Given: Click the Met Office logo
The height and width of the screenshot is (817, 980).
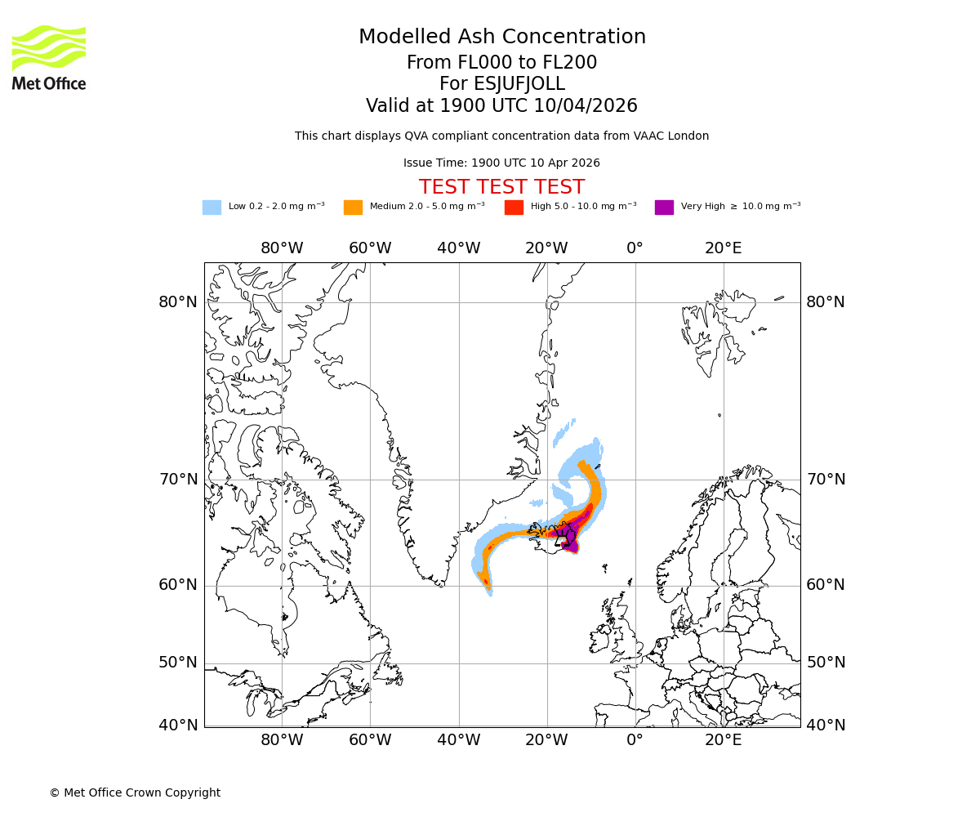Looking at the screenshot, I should click(x=49, y=57).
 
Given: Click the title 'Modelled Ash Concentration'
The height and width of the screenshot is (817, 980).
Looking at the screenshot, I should click(x=502, y=37).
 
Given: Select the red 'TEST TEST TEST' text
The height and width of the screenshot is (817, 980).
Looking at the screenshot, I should click(x=501, y=187).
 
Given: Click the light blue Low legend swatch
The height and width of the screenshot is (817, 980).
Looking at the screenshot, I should click(x=212, y=208).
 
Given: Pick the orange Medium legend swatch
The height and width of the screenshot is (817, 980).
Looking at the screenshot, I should click(x=353, y=208).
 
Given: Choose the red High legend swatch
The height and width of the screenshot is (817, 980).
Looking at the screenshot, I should click(x=514, y=208).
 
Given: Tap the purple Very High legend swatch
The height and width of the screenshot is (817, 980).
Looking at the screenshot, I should click(x=664, y=208).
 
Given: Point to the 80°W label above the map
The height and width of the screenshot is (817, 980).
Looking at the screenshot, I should click(x=282, y=248).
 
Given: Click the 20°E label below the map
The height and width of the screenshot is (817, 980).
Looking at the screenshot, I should click(x=724, y=741).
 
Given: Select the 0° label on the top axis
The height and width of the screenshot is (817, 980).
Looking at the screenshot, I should click(x=635, y=248).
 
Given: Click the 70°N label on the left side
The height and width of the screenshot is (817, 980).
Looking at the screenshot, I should click(x=178, y=480).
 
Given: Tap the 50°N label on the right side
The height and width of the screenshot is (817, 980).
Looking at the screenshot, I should click(x=826, y=663).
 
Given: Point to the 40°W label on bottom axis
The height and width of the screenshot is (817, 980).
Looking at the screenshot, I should click(x=458, y=741).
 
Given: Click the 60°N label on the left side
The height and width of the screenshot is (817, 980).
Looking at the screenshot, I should click(x=178, y=585).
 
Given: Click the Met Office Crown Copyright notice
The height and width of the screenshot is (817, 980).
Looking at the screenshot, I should click(x=135, y=792).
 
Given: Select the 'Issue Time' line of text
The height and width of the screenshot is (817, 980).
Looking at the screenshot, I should click(x=501, y=163).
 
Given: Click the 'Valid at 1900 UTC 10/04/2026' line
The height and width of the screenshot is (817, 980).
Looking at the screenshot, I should click(x=501, y=106).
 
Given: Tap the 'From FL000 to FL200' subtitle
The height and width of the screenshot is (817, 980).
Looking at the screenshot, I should click(x=501, y=63).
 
